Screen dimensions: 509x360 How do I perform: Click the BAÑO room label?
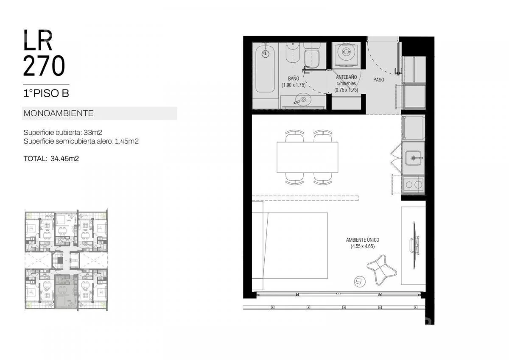tap(294, 78)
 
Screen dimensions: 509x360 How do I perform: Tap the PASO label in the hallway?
tap(378, 80)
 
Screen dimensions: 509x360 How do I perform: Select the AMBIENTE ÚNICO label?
tap(362, 240)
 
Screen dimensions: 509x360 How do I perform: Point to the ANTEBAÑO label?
tap(346, 77)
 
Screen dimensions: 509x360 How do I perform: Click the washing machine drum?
tap(346, 52)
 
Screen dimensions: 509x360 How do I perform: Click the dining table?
tap(307, 157)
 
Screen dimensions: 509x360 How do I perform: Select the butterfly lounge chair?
tap(381, 270)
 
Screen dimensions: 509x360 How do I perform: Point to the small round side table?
tap(360, 282)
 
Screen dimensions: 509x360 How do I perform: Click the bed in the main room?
tap(290, 246)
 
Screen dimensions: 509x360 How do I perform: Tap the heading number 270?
tap(44, 66)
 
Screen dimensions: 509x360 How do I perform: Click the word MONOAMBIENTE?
tap(59, 113)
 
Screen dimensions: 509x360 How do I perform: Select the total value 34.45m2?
tap(64, 159)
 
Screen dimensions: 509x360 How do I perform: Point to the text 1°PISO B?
tap(46, 93)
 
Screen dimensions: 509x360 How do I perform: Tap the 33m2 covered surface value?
tap(93, 132)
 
